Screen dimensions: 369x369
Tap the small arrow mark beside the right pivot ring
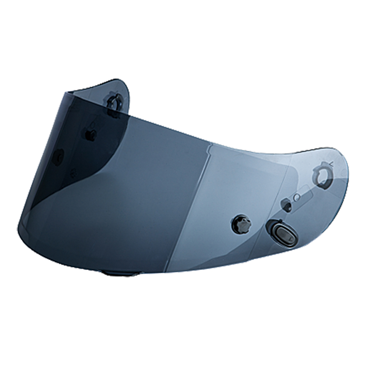(x=330, y=163)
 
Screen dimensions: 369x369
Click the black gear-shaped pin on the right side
(x=241, y=224)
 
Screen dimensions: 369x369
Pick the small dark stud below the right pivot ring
(x=287, y=204)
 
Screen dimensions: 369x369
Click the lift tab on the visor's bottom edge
(x=117, y=273)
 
